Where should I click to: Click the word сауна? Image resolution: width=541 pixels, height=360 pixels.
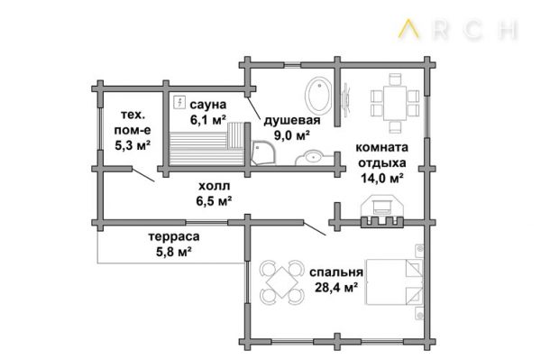coord(208,105)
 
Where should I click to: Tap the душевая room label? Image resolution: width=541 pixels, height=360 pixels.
coord(292,121)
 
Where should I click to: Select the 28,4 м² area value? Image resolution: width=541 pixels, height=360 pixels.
coord(335,287)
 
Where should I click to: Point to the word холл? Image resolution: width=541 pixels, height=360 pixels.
coord(214,187)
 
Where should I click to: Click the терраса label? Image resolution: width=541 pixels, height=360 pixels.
coord(174,236)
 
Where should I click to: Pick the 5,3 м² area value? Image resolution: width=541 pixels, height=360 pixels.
coord(133,145)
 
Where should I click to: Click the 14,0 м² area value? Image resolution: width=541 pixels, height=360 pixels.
coord(382,178)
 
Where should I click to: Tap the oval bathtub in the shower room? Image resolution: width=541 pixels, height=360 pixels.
coord(318,95)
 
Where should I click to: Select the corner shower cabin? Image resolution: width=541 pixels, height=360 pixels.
coord(263,152)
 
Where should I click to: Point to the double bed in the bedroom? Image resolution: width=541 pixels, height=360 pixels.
coord(394,282)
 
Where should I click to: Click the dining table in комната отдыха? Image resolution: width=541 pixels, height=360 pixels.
coord(395,103)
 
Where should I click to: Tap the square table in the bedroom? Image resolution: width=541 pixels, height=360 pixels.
coord(282,282)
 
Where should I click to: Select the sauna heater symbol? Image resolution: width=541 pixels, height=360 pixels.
coord(179,102)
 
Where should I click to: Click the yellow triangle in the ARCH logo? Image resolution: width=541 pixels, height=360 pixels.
coord(408,29)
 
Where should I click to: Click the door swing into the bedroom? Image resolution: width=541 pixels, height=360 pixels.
coord(315,227)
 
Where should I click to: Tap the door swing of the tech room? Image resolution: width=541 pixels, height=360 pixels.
coord(143,175)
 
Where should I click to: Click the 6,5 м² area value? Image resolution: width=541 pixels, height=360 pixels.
coord(214,200)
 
